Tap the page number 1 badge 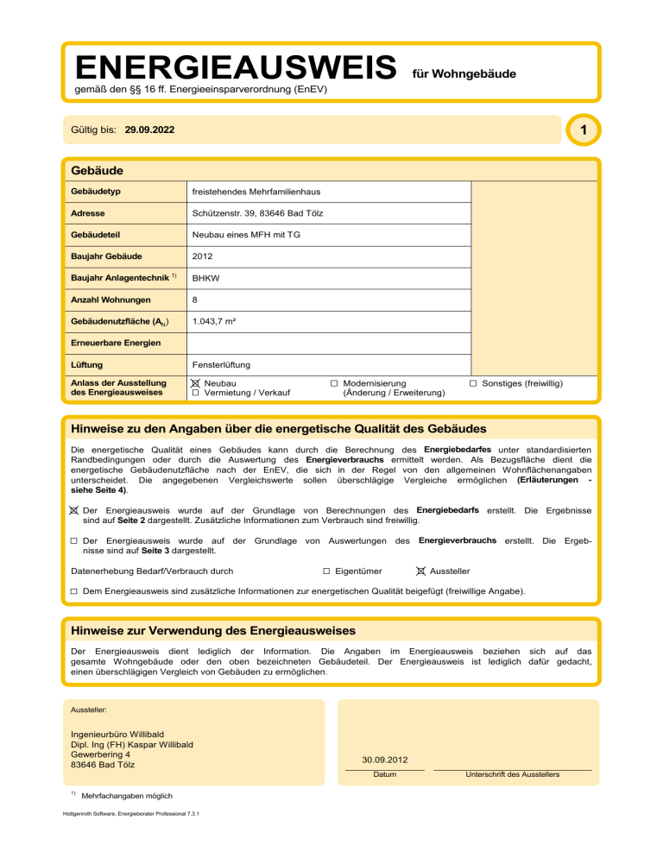click(584, 130)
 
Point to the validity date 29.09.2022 click(149, 130)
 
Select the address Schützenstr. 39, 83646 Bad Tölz click(257, 212)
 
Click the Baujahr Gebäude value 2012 click(203, 256)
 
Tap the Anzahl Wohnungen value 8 click(196, 300)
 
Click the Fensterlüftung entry click(222, 366)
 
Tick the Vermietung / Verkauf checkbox click(196, 393)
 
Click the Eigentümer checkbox click(326, 571)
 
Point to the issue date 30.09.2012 click(385, 760)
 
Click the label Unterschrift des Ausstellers click(512, 774)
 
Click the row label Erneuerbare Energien click(114, 344)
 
